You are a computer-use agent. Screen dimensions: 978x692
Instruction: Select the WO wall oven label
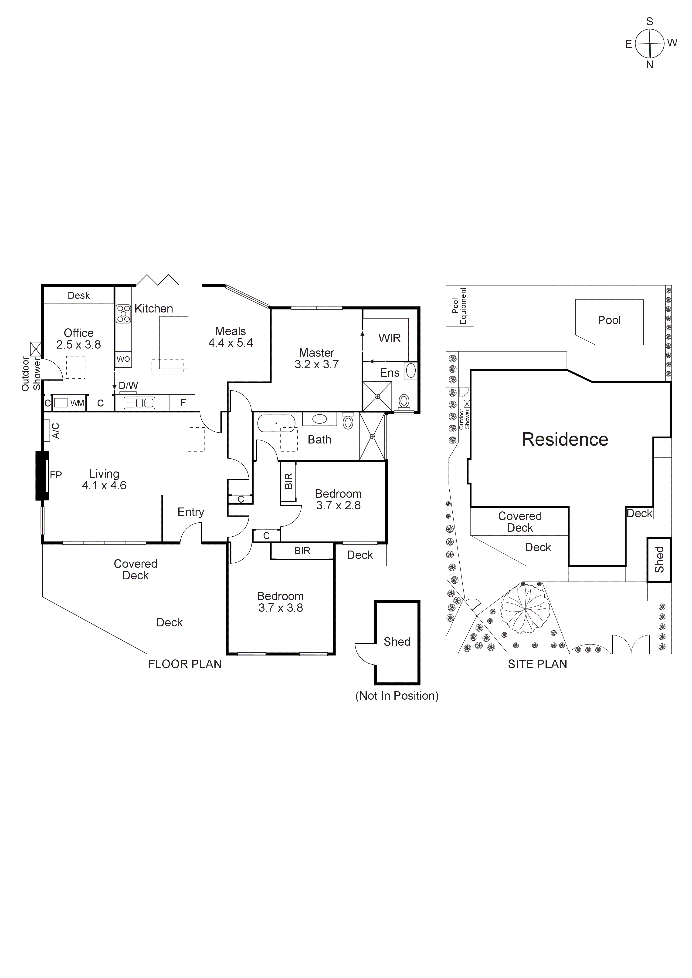coord(123,359)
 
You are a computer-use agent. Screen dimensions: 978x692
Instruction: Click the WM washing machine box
coord(77,403)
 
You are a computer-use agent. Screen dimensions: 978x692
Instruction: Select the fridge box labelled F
coord(182,403)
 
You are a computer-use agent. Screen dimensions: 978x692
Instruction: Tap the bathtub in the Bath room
coord(276,423)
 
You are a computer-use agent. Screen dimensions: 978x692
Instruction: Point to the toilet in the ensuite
coord(404,401)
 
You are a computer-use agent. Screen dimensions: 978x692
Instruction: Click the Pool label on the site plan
coord(609,320)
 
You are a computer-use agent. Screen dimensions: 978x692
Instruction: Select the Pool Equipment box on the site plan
coord(460,306)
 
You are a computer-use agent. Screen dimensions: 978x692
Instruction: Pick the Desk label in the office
coord(79,296)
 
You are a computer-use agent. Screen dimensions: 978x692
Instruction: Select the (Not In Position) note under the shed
coord(397,696)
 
